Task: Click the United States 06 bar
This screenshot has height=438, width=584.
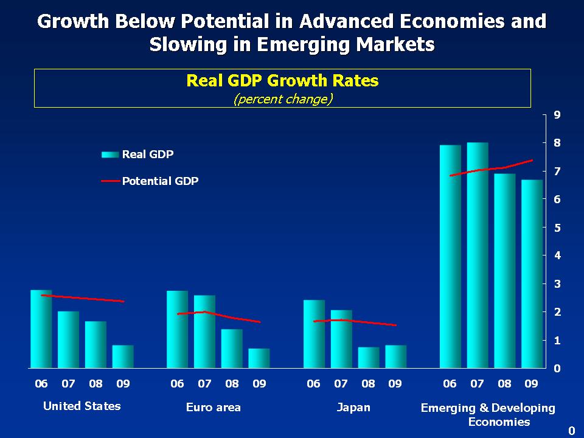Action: point(41,329)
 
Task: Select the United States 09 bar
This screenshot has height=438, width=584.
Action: point(123,357)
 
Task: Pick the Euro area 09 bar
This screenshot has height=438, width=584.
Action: point(259,358)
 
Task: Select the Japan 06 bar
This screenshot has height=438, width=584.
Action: point(314,335)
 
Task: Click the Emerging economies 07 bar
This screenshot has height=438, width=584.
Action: point(478,255)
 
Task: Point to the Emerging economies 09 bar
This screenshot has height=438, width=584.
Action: point(532,274)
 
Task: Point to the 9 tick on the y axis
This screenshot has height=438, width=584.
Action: point(557,114)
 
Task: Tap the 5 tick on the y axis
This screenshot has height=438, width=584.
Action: point(557,228)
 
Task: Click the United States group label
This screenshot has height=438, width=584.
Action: point(82,406)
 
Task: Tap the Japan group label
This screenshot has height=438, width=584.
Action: point(353,407)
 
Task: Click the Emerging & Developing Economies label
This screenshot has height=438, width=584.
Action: point(488,414)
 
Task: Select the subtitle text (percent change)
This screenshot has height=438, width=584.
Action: point(283,99)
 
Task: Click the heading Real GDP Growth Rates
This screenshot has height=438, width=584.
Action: point(282,81)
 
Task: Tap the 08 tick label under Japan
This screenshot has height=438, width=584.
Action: point(368,384)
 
